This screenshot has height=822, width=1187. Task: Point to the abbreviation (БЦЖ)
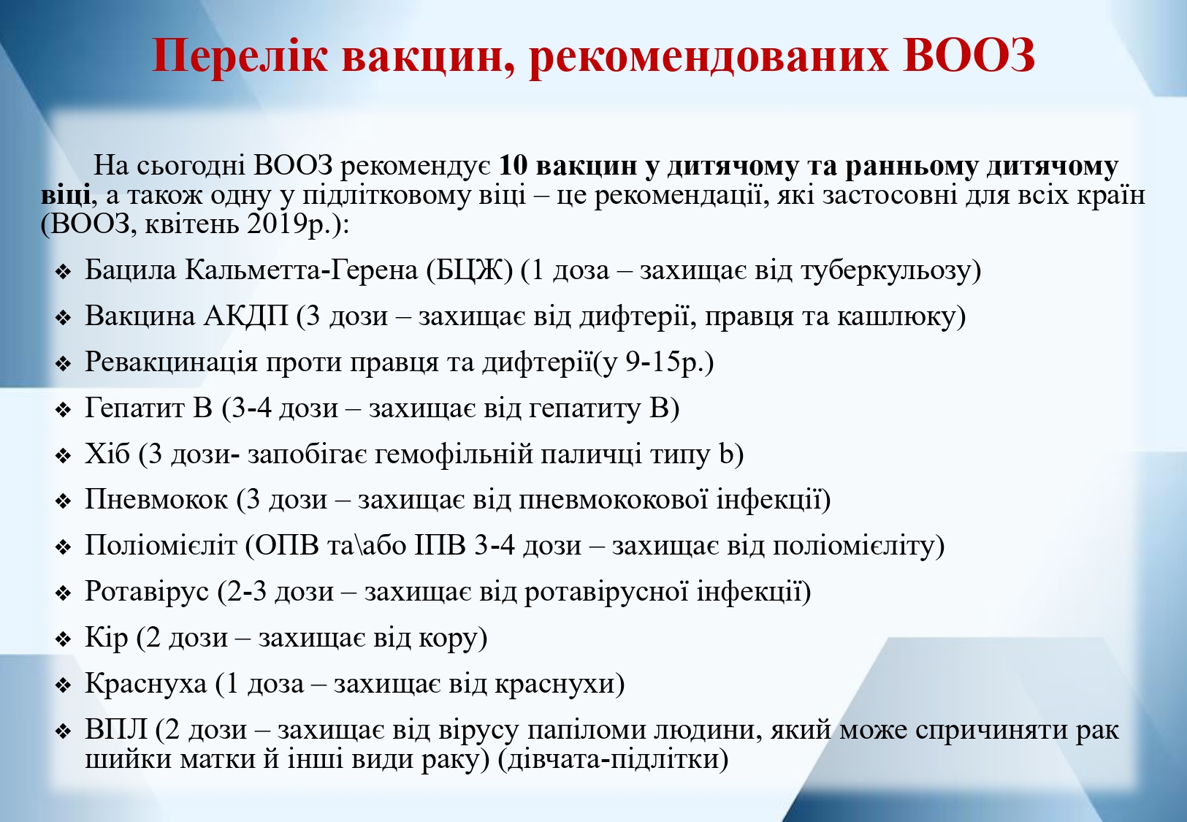click(x=470, y=270)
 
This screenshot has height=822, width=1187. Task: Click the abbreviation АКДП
click(x=246, y=316)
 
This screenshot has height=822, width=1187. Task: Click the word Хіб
click(x=107, y=454)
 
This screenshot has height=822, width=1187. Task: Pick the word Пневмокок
click(x=156, y=499)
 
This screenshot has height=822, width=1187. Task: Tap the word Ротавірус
click(x=147, y=592)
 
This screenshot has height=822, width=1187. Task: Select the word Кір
click(x=107, y=638)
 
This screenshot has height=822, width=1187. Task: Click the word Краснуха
click(x=145, y=684)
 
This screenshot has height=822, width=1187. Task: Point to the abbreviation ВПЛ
click(x=116, y=730)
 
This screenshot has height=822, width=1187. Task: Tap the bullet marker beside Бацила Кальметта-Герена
click(x=63, y=272)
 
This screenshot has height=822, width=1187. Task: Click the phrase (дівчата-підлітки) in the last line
click(x=614, y=759)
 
